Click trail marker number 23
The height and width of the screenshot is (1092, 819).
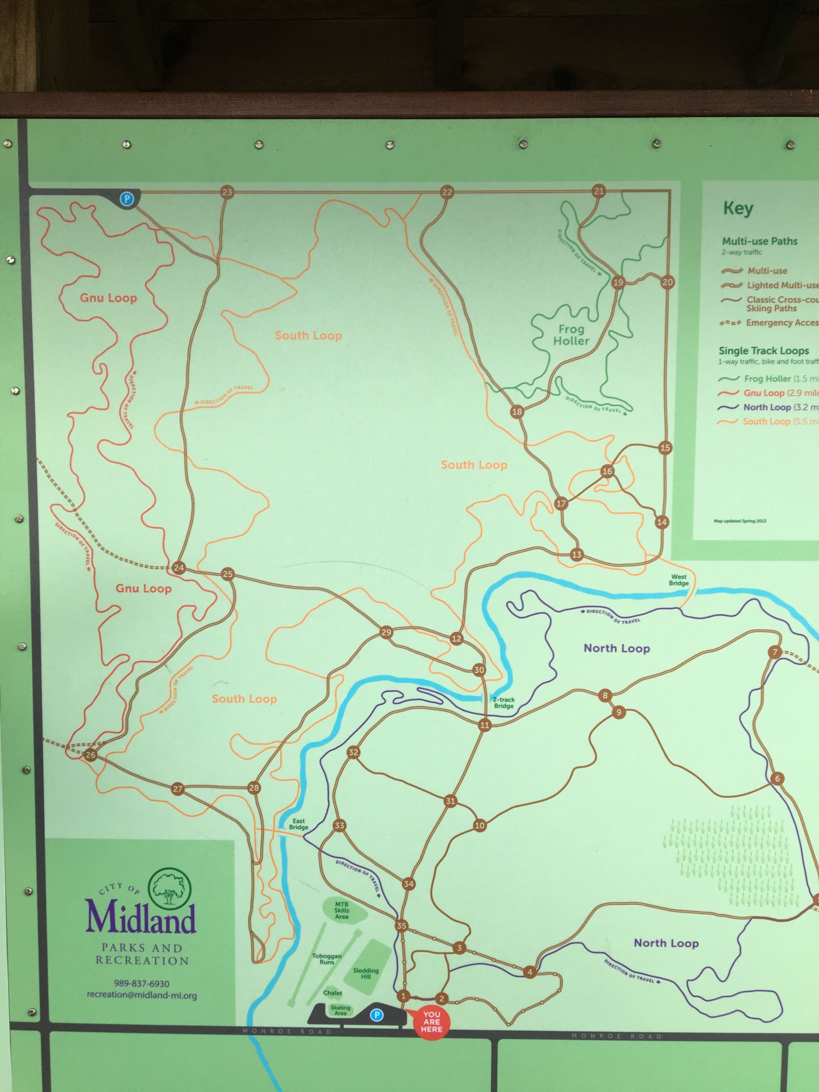227,192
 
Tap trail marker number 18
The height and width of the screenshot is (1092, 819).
517,411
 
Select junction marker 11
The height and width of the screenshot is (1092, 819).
484,725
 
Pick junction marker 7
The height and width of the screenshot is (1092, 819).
775,652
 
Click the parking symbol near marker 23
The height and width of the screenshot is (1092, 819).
128,199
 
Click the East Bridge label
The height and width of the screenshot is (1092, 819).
298,825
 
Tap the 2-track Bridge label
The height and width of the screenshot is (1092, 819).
503,703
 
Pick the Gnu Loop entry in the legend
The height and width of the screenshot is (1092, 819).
763,393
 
